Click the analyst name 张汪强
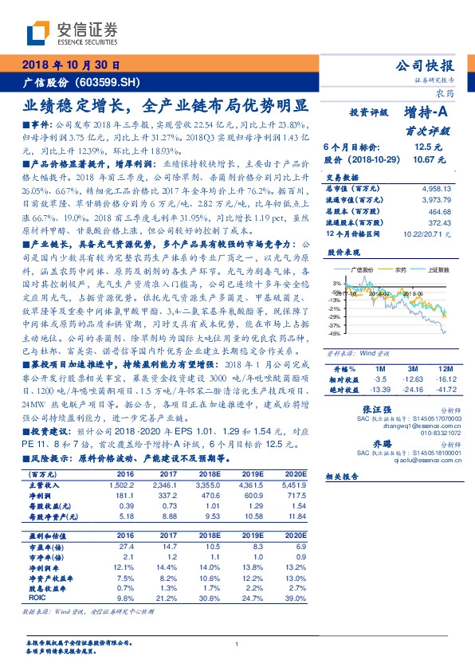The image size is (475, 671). (364, 408)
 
